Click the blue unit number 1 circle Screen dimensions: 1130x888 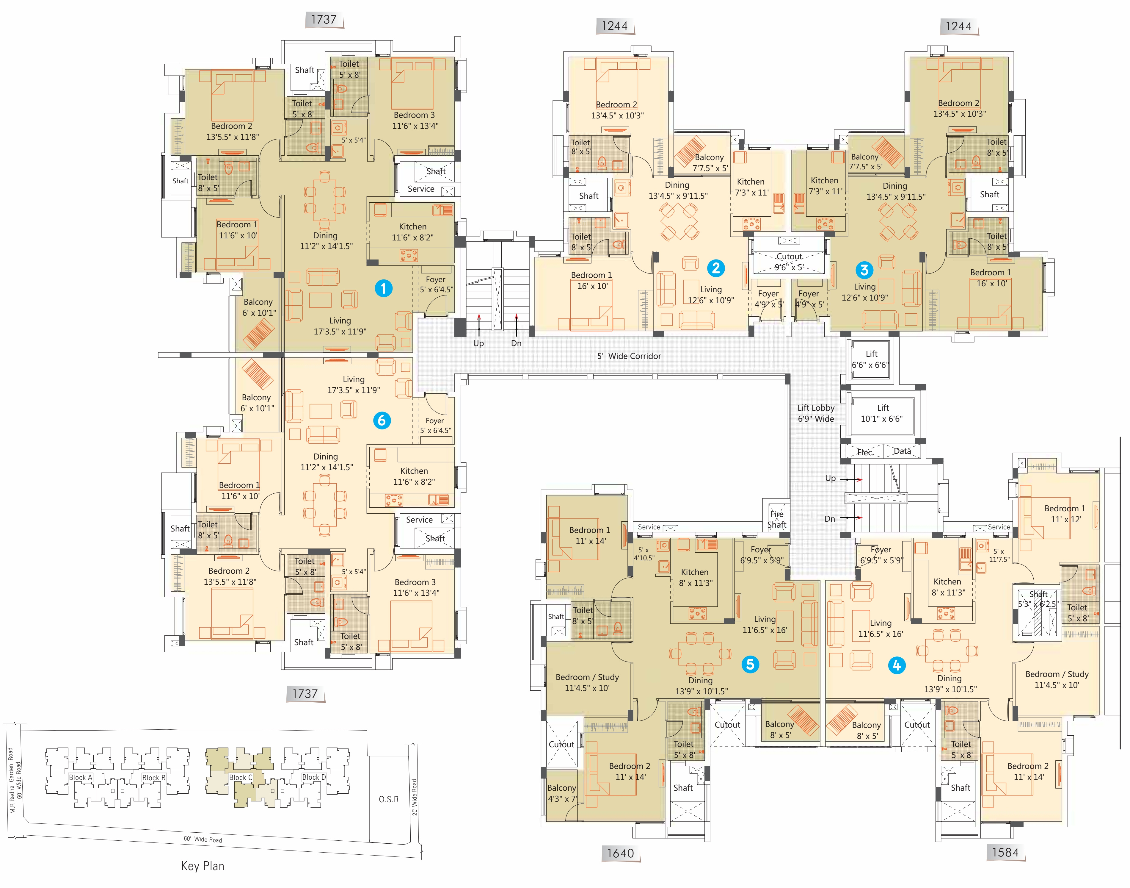(x=383, y=288)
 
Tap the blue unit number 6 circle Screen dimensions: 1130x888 (x=382, y=420)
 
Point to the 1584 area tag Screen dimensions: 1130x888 (x=1005, y=852)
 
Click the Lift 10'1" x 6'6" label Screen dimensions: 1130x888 (x=882, y=413)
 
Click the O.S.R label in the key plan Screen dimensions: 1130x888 (x=389, y=799)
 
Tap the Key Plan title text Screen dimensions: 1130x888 (x=203, y=866)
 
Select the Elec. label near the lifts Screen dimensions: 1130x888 (x=865, y=452)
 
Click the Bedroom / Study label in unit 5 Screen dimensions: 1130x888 (x=587, y=677)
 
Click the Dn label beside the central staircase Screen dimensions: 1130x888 (x=516, y=343)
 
